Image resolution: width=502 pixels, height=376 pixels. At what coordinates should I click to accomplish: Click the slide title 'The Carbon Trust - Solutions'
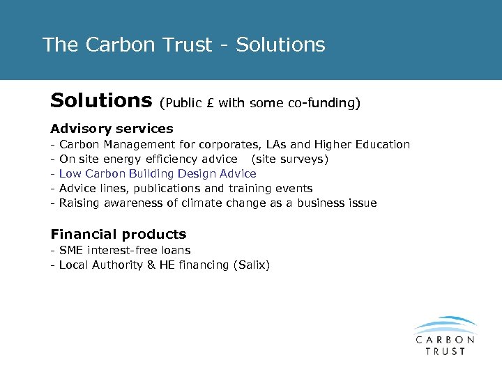point(183,45)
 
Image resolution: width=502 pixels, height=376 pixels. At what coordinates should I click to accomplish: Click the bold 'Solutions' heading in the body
point(101,102)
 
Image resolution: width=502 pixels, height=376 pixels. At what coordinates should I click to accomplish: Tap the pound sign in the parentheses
point(211,104)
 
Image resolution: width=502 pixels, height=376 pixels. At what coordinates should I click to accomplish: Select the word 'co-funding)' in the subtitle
point(324,104)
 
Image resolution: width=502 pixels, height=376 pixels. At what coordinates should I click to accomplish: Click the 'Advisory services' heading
point(112,129)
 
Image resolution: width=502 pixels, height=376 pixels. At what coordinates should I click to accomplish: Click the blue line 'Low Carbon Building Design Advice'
point(158,174)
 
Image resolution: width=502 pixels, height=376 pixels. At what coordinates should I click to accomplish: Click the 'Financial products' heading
point(118,235)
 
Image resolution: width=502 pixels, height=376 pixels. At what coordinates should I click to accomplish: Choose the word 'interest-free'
point(123,251)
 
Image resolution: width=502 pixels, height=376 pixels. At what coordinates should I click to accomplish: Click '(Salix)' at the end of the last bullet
point(252,265)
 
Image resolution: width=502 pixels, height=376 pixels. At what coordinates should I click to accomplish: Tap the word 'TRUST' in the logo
point(445,351)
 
